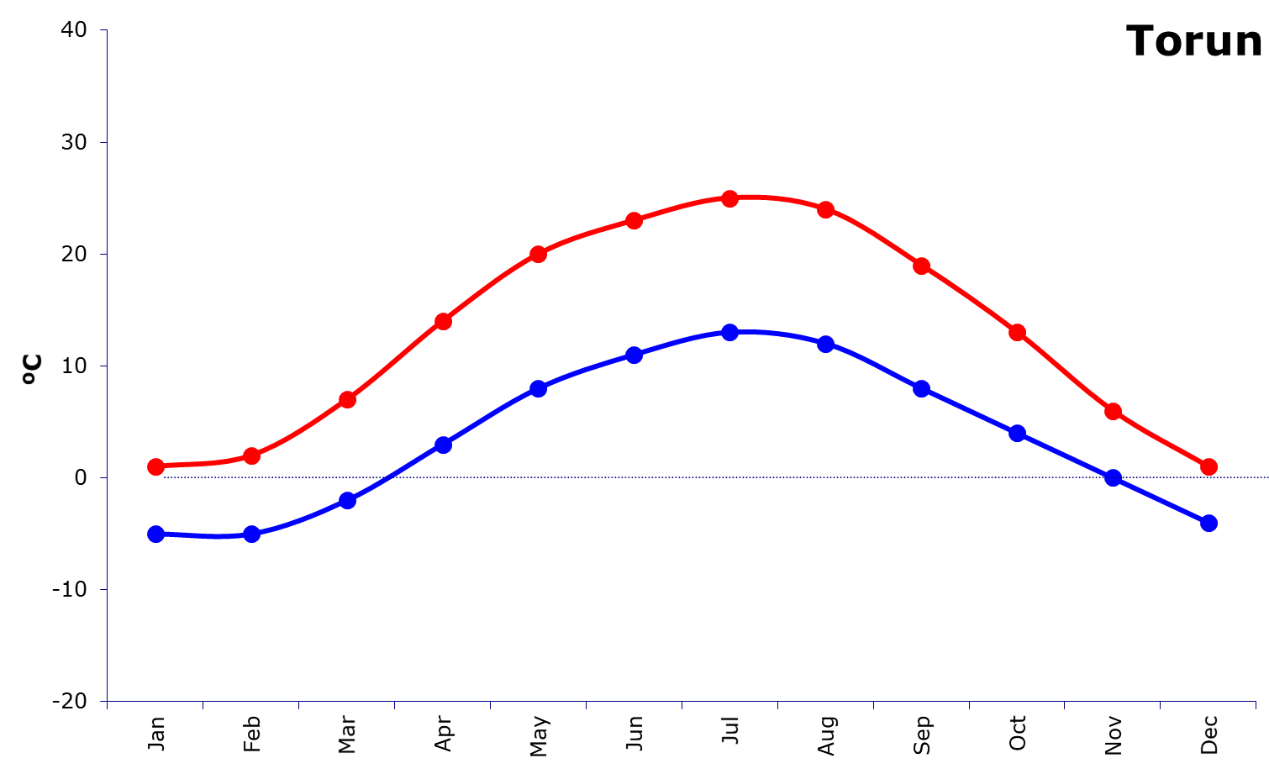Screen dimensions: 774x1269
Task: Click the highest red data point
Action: pos(729,198)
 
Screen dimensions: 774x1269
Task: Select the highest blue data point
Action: pos(729,332)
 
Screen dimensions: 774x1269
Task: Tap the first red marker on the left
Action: pos(155,466)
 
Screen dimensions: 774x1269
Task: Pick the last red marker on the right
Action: pos(1208,466)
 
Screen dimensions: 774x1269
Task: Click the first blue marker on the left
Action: pos(155,534)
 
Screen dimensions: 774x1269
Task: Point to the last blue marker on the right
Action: pos(1208,523)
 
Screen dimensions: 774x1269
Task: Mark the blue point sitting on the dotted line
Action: pos(1113,477)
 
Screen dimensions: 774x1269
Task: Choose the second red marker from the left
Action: pos(251,455)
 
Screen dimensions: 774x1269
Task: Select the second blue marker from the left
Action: pos(251,534)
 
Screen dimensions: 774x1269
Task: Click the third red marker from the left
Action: pos(347,399)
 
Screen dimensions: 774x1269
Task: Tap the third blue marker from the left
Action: pos(347,500)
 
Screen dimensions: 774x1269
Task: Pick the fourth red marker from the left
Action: pos(443,321)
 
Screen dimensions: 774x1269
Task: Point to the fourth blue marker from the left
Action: pos(443,444)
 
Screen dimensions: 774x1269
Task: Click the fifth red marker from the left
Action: pos(538,254)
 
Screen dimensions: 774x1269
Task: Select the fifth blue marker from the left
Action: pos(538,387)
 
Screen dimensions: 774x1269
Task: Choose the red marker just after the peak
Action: pos(825,209)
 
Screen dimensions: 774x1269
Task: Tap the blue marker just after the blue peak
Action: pos(825,344)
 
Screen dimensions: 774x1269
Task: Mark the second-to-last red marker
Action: pos(1113,411)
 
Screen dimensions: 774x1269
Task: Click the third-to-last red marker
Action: pos(1017,332)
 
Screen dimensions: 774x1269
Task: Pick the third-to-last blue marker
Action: pos(1017,433)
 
